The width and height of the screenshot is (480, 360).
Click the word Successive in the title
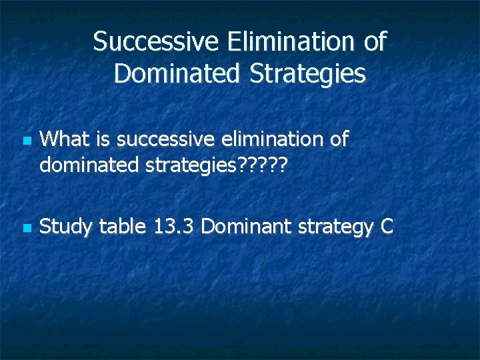pos(157,42)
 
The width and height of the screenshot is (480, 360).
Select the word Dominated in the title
pos(175,74)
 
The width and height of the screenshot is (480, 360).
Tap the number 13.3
pos(174,227)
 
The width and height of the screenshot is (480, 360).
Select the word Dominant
pos(244,227)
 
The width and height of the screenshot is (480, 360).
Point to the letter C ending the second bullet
pos(387,227)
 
